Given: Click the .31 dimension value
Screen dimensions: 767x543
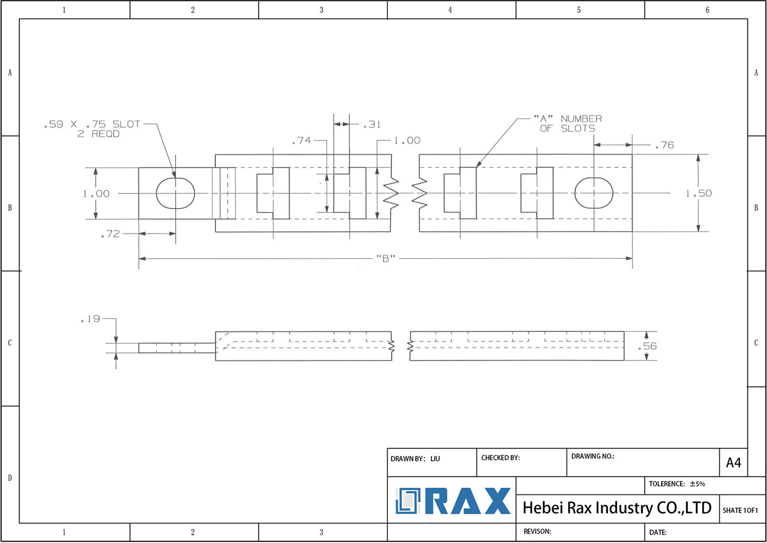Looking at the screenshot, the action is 372,124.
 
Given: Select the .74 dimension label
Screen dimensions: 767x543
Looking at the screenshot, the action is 301,141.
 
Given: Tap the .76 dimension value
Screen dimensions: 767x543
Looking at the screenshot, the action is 665,145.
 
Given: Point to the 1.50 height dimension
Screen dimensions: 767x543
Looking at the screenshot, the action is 699,193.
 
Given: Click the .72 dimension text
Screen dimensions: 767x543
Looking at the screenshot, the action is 110,234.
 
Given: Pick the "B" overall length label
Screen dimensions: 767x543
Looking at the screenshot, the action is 386,259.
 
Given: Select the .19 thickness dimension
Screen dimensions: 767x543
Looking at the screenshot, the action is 91,319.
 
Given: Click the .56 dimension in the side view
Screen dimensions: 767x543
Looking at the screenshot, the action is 647,346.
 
